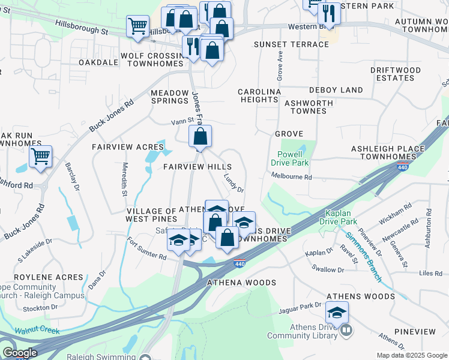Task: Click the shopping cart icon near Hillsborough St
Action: pyautogui.click(x=138, y=26)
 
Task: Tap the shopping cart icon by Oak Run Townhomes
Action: pyautogui.click(x=40, y=157)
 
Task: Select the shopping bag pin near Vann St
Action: pyautogui.click(x=200, y=136)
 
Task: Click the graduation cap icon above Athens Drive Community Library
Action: pyautogui.click(x=337, y=312)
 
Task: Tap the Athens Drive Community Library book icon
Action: pyautogui.click(x=346, y=330)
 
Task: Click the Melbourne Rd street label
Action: pyautogui.click(x=292, y=177)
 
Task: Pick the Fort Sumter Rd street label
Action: pyautogui.click(x=146, y=248)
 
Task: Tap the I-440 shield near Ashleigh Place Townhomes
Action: pyautogui.click(x=399, y=168)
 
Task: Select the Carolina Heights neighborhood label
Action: pyautogui.click(x=259, y=95)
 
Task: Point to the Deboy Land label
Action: pyautogui.click(x=336, y=90)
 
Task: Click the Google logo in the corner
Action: pyautogui.click(x=20, y=353)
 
